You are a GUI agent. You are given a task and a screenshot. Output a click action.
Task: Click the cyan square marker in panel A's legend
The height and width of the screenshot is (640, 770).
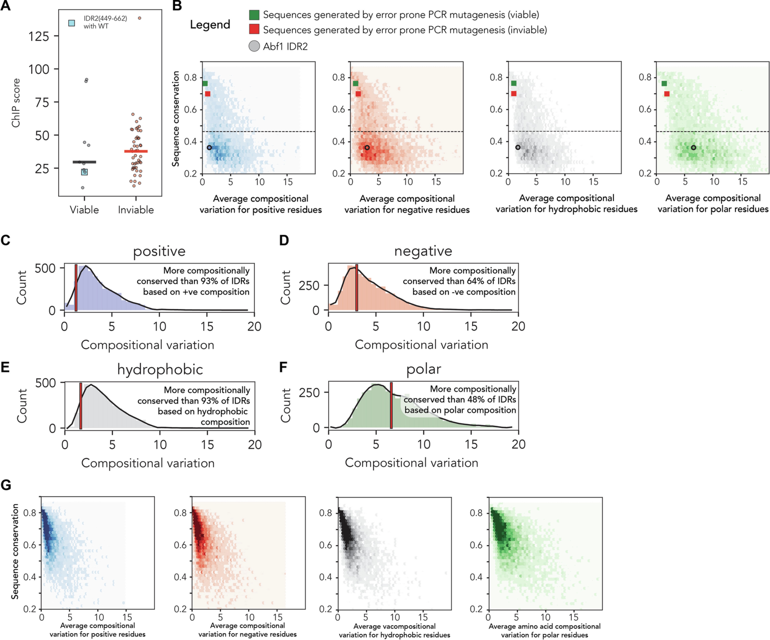click(72, 23)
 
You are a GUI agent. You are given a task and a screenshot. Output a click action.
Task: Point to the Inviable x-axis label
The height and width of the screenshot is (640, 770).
click(136, 210)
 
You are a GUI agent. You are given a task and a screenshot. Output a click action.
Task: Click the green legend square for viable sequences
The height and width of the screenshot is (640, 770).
click(254, 15)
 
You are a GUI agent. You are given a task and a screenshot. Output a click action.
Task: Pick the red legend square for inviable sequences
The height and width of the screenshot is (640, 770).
click(254, 30)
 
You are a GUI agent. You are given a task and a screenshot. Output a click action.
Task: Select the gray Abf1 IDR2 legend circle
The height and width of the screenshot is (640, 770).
click(254, 46)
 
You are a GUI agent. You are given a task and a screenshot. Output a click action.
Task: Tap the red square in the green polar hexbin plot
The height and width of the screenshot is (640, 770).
click(667, 94)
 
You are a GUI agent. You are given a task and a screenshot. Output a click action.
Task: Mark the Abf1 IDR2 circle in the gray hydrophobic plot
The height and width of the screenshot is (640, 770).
click(518, 147)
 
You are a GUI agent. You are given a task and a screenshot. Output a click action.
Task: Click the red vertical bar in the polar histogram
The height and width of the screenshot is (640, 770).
click(391, 405)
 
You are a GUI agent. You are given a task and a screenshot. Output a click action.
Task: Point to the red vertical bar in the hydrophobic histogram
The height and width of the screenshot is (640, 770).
click(81, 405)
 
